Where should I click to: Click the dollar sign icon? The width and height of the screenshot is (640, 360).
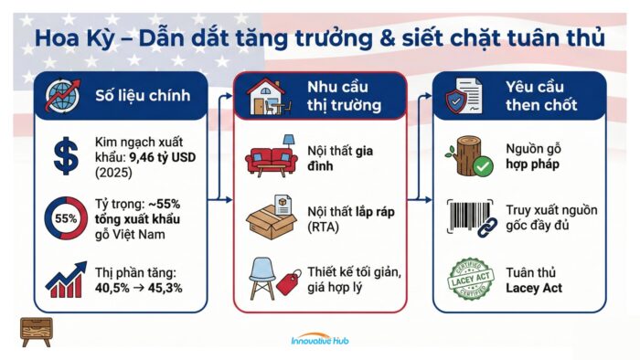click(66, 156)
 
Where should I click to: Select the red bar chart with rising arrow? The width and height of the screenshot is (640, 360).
click(66, 278)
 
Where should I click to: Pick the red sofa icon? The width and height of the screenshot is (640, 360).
click(271, 157)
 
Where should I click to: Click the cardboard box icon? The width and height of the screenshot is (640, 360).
click(272, 219)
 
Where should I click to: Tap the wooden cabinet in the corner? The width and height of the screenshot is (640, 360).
click(36, 331)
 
